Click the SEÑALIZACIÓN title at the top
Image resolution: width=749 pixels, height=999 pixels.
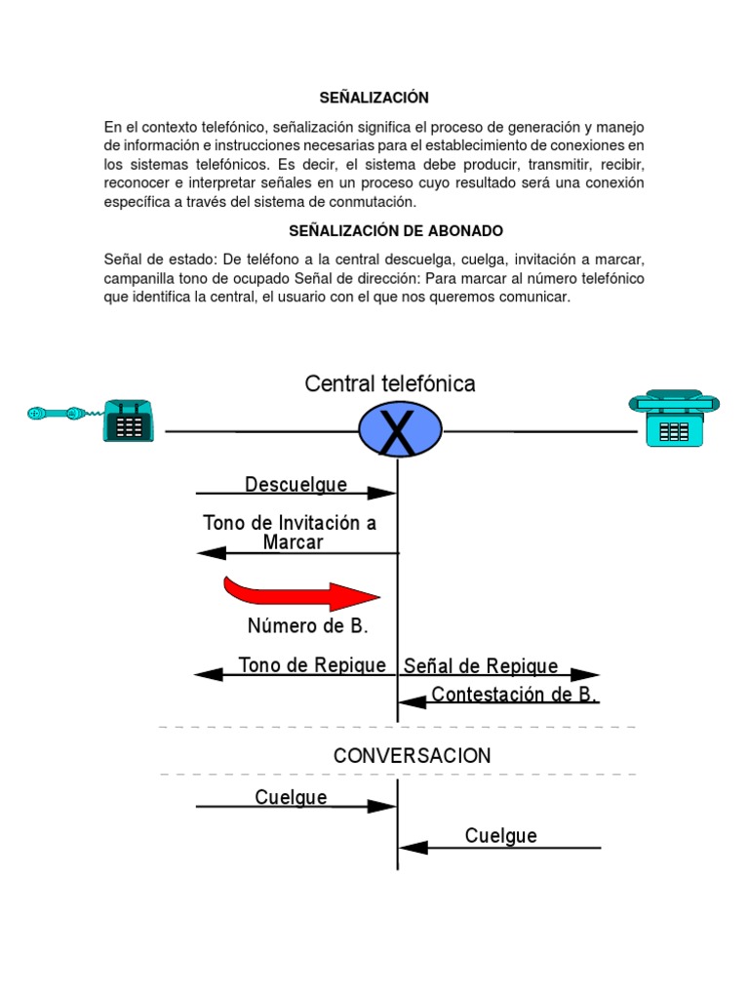374,98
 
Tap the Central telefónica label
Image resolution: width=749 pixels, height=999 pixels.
390,383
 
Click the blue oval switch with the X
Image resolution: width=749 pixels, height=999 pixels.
400,430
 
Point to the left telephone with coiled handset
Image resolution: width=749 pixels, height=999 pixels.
128,420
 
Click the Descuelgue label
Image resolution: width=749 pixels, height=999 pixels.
296,484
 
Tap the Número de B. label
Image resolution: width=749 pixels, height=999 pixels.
307,625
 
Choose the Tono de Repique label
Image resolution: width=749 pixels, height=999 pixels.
312,665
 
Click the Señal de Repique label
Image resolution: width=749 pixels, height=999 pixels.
481,666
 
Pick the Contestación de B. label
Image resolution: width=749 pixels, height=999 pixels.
514,695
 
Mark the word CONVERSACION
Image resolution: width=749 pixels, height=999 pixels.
413,755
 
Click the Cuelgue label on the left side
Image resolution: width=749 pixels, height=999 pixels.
291,797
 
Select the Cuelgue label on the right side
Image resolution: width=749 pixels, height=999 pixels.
500,835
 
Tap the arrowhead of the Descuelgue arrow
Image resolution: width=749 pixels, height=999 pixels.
382,494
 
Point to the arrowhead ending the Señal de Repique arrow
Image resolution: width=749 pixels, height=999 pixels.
585,674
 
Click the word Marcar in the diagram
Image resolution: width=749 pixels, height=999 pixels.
293,542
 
